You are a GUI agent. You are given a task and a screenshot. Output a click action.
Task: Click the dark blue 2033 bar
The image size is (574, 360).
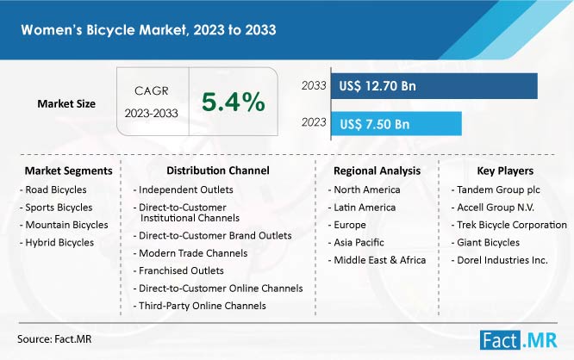pyautogui.click(x=434, y=86)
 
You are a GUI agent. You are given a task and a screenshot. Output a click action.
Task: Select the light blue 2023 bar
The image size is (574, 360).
pyautogui.click(x=396, y=124)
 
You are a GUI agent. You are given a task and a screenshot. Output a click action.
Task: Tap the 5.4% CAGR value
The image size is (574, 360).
pyautogui.click(x=234, y=102)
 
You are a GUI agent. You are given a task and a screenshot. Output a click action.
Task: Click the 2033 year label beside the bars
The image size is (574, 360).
pyautogui.click(x=314, y=85)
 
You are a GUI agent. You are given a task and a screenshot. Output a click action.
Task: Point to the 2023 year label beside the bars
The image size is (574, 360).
pyautogui.click(x=314, y=122)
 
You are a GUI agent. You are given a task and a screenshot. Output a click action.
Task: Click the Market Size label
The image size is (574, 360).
pyautogui.click(x=66, y=104)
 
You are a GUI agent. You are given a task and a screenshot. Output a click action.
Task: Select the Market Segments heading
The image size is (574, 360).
pyautogui.click(x=68, y=171)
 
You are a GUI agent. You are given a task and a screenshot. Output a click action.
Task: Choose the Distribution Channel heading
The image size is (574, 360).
pyautogui.click(x=218, y=171)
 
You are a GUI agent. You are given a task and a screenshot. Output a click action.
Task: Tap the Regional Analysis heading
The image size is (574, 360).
pyautogui.click(x=377, y=171)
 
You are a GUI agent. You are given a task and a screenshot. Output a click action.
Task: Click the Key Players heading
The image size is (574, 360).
pyautogui.click(x=505, y=171)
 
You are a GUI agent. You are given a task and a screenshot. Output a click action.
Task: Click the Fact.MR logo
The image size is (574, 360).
pyautogui.click(x=519, y=340)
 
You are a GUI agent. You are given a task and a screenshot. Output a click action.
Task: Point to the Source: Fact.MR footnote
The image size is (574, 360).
pyautogui.click(x=54, y=339)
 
